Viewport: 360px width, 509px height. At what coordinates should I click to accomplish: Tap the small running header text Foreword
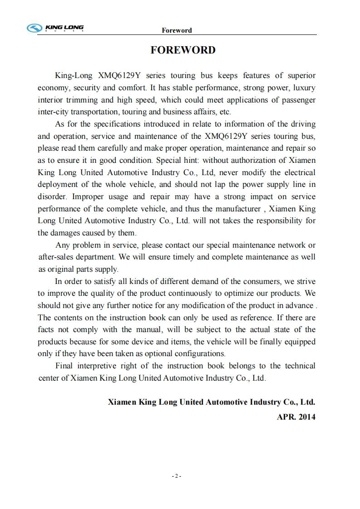click(x=177, y=30)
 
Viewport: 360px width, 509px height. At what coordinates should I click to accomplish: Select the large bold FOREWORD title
click(x=183, y=50)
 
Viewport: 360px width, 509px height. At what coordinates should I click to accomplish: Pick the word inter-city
click(x=53, y=112)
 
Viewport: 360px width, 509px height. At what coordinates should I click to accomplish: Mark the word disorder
click(x=52, y=197)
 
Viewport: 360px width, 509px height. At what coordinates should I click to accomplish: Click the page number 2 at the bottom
click(x=177, y=476)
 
